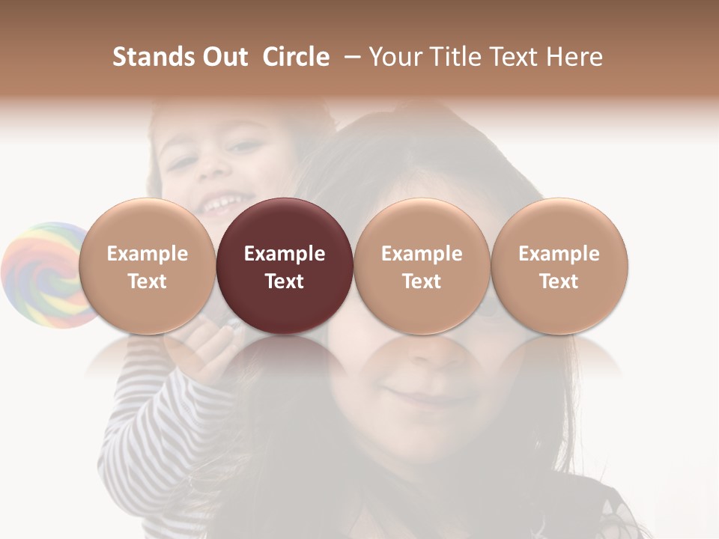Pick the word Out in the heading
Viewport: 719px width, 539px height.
[x=223, y=58]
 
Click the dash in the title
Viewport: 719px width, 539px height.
[x=349, y=58]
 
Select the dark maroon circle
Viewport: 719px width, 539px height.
[x=285, y=266]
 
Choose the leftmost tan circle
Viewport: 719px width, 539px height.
[x=147, y=266]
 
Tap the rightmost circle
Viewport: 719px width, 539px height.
[x=559, y=266]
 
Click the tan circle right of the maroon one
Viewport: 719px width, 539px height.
[x=422, y=266]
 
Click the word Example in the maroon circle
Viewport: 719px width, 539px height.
[x=285, y=254]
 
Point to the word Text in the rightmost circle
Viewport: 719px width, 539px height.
[x=559, y=281]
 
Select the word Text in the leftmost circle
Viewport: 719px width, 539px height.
[x=147, y=281]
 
